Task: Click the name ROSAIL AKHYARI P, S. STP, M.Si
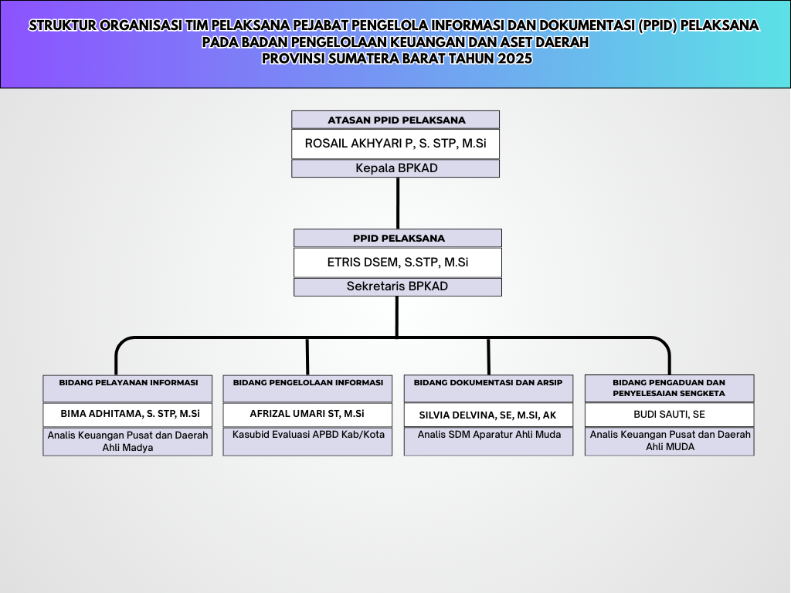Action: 395,144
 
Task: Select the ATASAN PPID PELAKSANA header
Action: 395,120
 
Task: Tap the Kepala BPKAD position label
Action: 395,168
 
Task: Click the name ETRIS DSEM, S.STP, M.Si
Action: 397,263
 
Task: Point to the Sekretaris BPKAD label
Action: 397,286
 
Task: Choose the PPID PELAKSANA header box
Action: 397,238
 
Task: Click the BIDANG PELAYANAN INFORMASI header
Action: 127,383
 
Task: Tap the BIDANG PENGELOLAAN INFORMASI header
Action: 307,383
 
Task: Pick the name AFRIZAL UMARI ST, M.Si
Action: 307,414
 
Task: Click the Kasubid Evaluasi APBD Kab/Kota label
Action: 307,435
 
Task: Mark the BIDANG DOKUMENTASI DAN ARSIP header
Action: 488,383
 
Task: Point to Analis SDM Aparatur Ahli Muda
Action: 488,435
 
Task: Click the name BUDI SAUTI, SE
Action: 669,415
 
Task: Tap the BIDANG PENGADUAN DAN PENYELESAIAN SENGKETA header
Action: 669,388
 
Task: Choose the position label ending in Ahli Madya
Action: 127,441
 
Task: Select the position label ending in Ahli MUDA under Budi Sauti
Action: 669,441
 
